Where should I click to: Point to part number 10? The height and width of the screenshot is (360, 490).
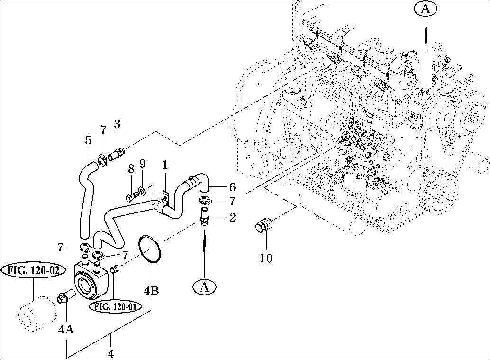click(266, 258)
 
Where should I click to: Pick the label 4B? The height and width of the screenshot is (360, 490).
click(151, 290)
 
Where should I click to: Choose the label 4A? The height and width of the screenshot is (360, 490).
click(66, 329)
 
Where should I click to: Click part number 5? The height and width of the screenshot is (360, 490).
click(88, 140)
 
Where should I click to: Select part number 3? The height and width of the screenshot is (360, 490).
click(117, 125)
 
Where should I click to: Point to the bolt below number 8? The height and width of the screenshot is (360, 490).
click(130, 195)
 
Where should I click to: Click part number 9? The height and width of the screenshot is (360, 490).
click(142, 164)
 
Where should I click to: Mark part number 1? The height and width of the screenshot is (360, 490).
click(164, 166)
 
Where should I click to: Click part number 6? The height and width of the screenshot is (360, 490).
click(232, 186)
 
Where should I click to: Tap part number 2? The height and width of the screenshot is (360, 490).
click(232, 218)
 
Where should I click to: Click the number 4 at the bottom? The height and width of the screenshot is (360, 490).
click(111, 353)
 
